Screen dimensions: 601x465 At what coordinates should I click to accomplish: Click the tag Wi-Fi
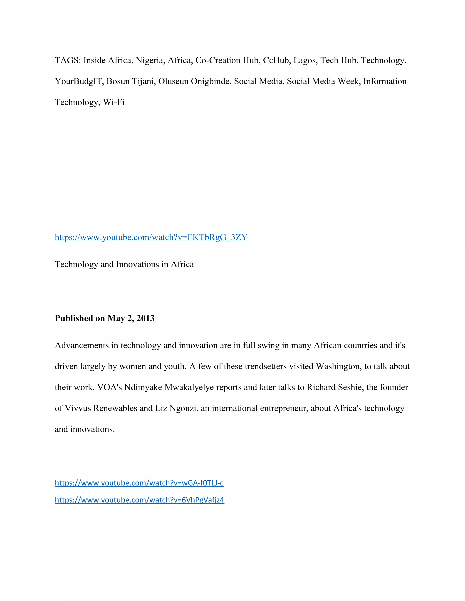[x=114, y=102]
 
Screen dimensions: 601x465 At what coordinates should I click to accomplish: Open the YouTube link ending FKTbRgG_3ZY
[x=151, y=237]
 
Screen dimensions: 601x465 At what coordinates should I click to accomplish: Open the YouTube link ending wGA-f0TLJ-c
[x=139, y=483]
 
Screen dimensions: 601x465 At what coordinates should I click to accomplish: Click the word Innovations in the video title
[x=137, y=264]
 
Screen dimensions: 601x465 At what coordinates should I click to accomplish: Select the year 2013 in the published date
[x=146, y=318]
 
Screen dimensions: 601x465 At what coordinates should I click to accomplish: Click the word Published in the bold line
[x=74, y=318]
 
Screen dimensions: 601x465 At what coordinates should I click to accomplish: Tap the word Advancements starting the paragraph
[x=82, y=345]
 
